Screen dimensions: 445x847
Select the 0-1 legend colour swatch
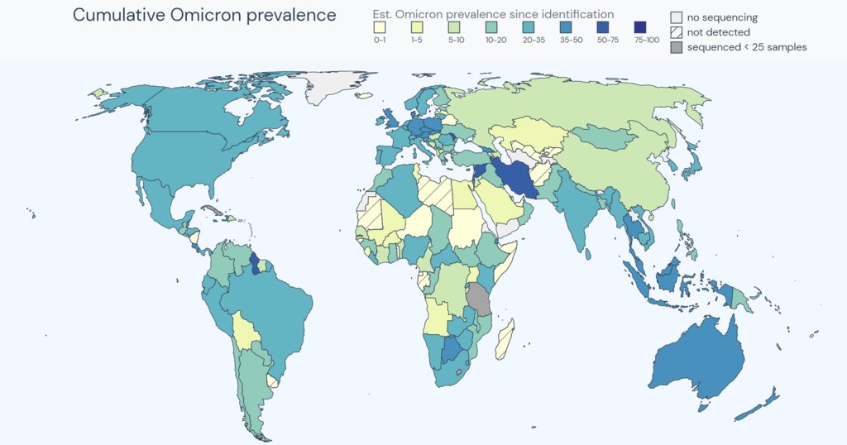click(380, 27)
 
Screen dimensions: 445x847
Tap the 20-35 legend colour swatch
click(530, 27)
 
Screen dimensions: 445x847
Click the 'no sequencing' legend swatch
click(677, 17)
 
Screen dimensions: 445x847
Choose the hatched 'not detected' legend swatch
click(677, 32)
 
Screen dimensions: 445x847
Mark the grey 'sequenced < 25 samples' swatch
click(677, 47)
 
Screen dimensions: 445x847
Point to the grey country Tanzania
click(478, 299)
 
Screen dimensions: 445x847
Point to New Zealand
click(760, 405)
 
